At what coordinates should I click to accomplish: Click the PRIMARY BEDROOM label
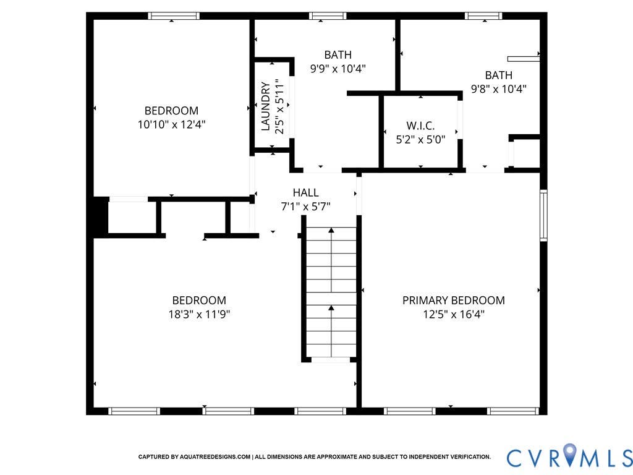point(453,301)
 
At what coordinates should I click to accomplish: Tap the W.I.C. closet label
point(420,126)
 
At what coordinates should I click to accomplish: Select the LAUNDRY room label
point(265,106)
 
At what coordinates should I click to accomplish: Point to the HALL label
point(305,192)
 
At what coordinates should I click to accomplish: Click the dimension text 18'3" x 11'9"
point(199,314)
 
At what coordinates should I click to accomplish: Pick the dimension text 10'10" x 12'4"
point(172,124)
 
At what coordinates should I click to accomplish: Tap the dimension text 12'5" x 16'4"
point(454,314)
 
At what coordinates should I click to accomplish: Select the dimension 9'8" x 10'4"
point(499,89)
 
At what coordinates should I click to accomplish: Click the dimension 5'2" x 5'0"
point(420,140)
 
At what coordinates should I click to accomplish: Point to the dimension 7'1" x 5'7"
point(305,207)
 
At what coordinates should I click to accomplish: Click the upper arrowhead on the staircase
point(331,230)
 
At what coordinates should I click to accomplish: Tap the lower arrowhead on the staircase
point(331,308)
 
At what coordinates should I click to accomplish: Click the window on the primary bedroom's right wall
point(544,215)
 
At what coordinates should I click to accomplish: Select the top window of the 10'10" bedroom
point(174,15)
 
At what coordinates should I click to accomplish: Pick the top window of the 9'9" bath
point(328,15)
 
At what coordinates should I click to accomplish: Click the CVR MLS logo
point(569,456)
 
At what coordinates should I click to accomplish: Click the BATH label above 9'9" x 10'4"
point(338,54)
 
